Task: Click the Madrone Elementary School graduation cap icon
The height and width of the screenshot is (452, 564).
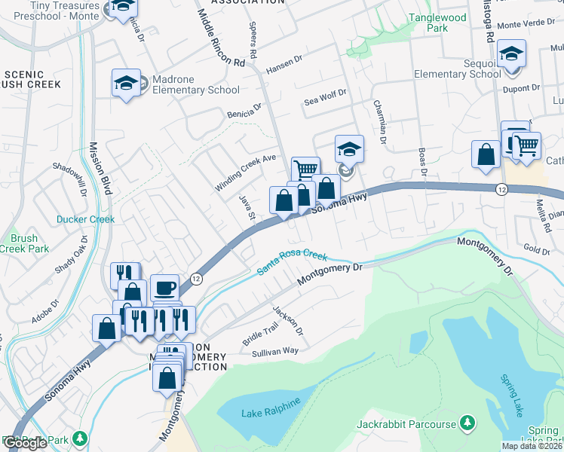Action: click(126, 83)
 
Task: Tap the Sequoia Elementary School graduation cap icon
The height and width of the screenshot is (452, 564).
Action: click(511, 54)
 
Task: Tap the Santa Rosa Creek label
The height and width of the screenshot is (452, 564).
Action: click(293, 260)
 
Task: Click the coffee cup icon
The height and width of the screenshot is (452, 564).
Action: click(164, 287)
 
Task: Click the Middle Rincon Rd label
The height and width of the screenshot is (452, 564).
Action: click(220, 36)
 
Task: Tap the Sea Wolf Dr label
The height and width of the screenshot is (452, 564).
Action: click(325, 97)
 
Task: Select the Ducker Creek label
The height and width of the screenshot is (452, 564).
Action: click(85, 220)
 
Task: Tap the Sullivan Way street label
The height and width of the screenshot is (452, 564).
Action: click(276, 351)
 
